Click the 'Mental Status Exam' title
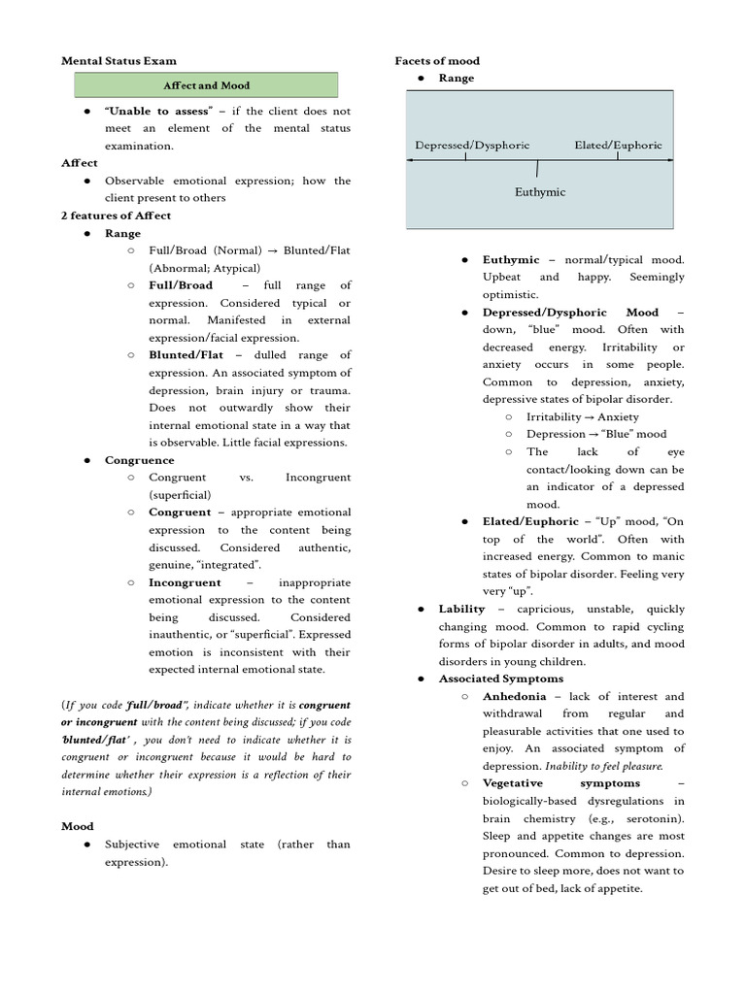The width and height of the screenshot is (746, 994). click(119, 61)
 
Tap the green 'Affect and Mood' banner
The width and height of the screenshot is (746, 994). click(206, 85)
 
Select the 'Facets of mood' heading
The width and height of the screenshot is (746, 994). click(436, 61)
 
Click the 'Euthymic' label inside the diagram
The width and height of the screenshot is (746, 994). click(539, 192)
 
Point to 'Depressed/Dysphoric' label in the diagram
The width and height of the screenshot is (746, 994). click(472, 146)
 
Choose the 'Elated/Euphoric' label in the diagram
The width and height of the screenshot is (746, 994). click(618, 146)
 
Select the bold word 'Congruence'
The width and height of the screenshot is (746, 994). click(140, 460)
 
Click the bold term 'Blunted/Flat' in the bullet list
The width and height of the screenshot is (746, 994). click(185, 355)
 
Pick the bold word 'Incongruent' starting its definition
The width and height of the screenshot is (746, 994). click(185, 582)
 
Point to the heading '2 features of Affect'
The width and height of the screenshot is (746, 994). click(116, 215)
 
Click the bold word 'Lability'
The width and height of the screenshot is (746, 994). click(461, 609)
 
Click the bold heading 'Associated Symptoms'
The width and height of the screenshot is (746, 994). click(500, 679)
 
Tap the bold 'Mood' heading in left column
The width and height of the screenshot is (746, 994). click(78, 827)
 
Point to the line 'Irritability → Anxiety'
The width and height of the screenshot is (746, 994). click(582, 416)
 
